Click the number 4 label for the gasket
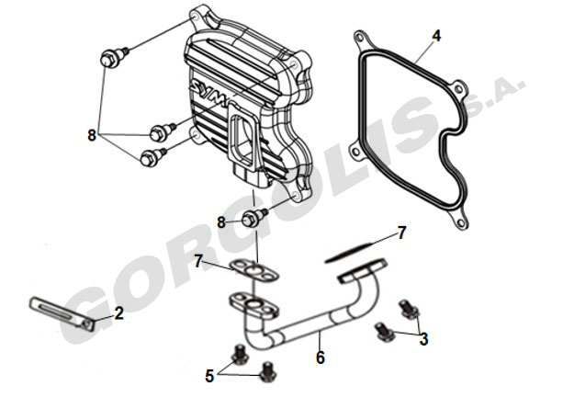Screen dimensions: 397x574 [436, 36]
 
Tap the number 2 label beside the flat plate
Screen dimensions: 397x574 [119, 313]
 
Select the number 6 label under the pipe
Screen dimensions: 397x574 [320, 357]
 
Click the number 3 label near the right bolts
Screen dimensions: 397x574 [423, 339]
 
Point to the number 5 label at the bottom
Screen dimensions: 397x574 [209, 375]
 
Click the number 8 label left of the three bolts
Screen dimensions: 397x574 [92, 135]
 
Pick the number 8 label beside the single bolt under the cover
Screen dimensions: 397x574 [221, 222]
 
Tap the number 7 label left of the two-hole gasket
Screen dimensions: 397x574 [198, 262]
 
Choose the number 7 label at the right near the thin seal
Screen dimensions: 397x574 [401, 233]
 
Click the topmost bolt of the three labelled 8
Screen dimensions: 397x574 [111, 57]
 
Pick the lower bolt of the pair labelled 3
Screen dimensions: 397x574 [386, 332]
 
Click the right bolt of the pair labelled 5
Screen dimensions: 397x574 [268, 371]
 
